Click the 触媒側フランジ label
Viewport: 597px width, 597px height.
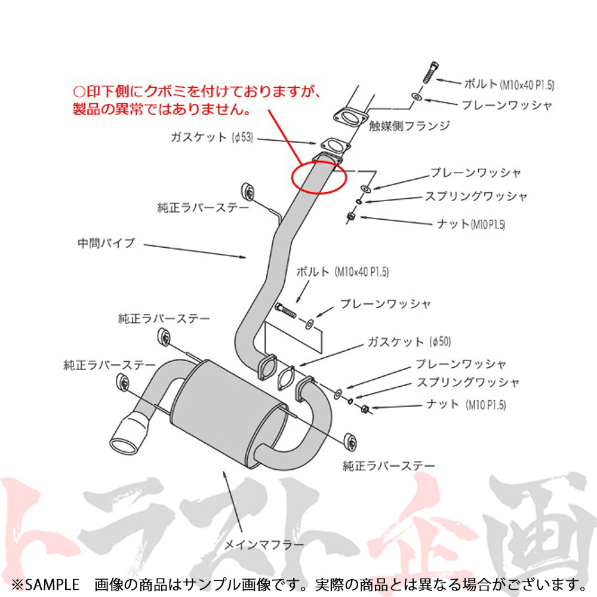pyautogui.click(x=410, y=125)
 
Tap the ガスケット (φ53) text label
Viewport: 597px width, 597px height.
pyautogui.click(x=212, y=137)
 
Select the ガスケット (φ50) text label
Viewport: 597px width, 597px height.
pyautogui.click(x=409, y=341)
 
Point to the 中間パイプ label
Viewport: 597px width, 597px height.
pyautogui.click(x=106, y=243)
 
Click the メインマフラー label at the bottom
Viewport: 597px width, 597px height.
pyautogui.click(x=263, y=545)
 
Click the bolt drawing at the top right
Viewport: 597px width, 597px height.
pyautogui.click(x=430, y=72)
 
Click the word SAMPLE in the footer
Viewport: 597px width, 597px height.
pyautogui.click(x=52, y=584)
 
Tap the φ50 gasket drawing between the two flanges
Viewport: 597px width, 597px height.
pyautogui.click(x=286, y=378)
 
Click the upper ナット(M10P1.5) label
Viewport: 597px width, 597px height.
pyautogui.click(x=471, y=224)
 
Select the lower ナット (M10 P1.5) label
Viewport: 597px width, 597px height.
pyautogui.click(x=466, y=404)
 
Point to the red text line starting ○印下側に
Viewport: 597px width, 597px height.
pyautogui.click(x=196, y=91)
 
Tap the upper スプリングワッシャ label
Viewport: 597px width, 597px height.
pyautogui.click(x=476, y=196)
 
